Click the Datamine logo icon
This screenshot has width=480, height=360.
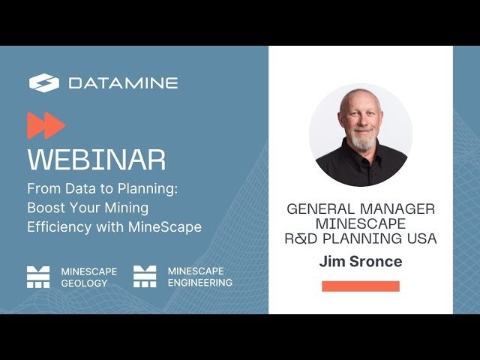[x=43, y=82]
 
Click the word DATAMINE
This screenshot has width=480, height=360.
[x=123, y=83]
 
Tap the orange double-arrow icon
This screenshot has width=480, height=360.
[x=46, y=125]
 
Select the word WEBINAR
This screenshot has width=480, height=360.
[x=96, y=160]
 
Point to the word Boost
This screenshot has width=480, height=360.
[x=45, y=208]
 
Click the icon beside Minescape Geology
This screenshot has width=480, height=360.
[x=38, y=277]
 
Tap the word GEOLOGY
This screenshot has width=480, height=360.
[x=84, y=283]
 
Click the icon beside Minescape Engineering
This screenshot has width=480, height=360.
[x=145, y=277]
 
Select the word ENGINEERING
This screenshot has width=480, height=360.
[x=199, y=283]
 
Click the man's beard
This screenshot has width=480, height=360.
[x=361, y=141]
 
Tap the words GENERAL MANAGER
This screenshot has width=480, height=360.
[x=361, y=209]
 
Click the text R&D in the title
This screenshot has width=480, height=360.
[x=301, y=239]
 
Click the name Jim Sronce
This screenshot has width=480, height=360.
[x=361, y=262]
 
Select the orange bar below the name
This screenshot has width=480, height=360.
[x=361, y=286]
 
